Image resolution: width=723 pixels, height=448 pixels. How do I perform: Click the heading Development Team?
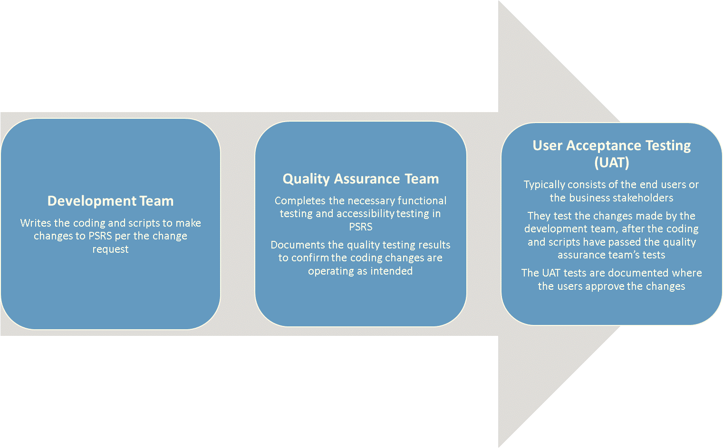coord(110,201)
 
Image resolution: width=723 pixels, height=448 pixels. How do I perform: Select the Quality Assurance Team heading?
coord(361,179)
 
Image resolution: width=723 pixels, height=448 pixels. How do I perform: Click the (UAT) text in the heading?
coord(611,162)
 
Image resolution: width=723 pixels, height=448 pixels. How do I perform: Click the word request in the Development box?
coord(110,249)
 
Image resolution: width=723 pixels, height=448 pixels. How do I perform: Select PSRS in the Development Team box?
coord(100,236)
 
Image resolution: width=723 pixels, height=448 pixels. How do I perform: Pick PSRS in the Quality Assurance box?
coord(360,227)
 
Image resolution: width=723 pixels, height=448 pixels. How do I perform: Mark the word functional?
coord(422,200)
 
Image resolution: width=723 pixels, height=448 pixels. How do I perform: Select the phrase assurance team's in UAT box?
coord(598,255)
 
